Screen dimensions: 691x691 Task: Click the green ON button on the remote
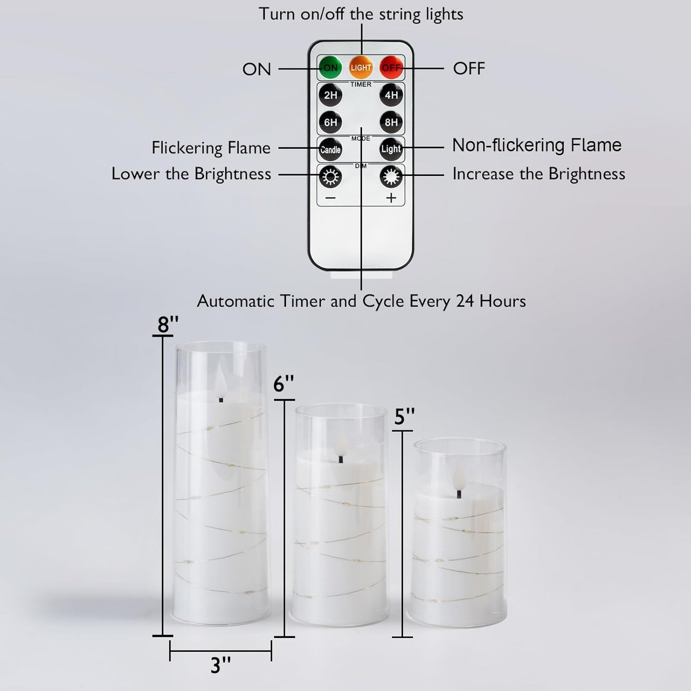330,67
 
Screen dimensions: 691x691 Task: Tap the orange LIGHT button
361,67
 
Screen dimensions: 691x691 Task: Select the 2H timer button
330,95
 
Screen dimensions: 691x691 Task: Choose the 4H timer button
391,95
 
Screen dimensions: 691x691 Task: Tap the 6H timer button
330,122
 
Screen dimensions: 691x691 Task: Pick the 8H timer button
391,122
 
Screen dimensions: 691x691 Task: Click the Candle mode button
330,149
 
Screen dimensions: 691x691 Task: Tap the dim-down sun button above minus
330,177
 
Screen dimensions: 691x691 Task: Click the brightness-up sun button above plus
391,177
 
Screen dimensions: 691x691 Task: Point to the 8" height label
168,325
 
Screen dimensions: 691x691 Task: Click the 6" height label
284,384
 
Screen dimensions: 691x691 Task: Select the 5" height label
404,417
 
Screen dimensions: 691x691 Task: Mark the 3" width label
221,665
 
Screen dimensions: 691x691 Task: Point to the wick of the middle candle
341,460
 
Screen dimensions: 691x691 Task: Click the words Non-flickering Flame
537,145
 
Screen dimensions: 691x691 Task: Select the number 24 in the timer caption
465,301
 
